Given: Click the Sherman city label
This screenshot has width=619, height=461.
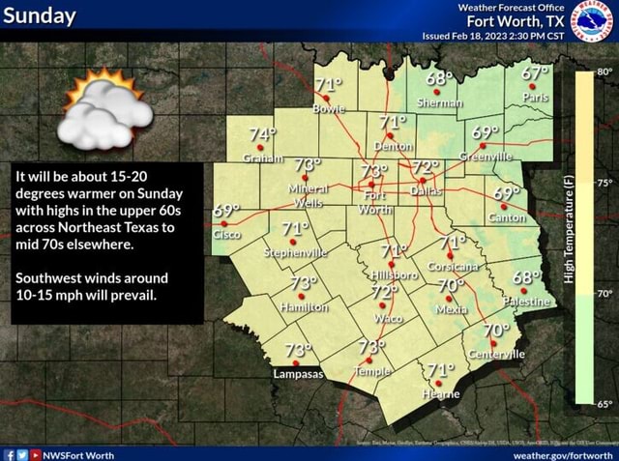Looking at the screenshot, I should (x=440, y=102).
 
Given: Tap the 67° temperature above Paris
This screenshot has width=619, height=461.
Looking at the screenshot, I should (x=539, y=75).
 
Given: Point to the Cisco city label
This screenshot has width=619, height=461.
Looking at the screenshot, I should (x=226, y=235).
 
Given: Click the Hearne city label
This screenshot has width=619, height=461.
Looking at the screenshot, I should (x=439, y=394).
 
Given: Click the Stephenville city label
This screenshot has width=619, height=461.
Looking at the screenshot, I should (x=296, y=252).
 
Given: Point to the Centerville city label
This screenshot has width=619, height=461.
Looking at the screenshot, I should (x=496, y=355).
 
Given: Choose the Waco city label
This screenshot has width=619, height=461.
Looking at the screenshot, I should (x=388, y=317).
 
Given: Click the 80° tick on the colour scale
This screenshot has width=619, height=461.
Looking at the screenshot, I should (x=602, y=71).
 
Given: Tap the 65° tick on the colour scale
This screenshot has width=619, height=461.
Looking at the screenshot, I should (x=602, y=405).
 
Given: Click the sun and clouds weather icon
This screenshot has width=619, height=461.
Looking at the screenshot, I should (x=107, y=111).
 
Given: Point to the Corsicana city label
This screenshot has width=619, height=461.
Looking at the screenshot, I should (x=454, y=266).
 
